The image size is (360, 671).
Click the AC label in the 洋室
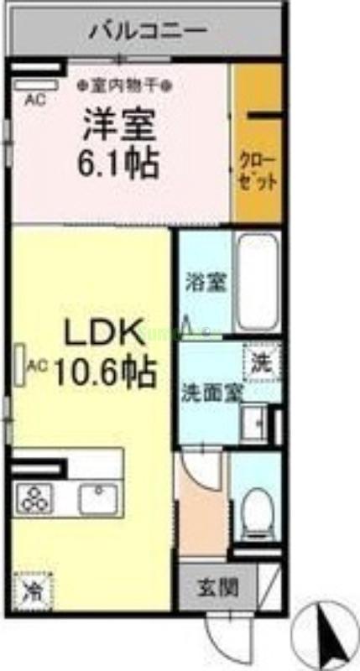[34, 100]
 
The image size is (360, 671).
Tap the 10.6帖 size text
[106, 370]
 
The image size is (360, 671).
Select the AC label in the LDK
[36, 366]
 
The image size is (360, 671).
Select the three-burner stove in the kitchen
[37, 500]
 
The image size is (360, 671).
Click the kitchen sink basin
[98, 498]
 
